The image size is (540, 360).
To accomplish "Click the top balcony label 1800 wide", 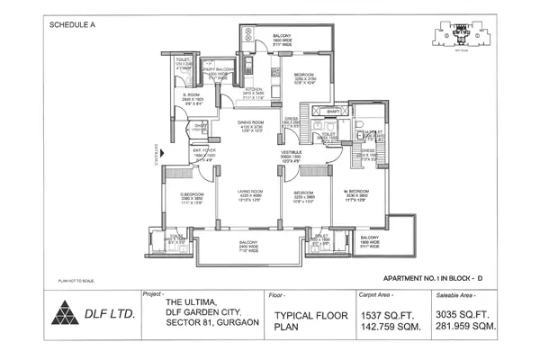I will tap(282, 39).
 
